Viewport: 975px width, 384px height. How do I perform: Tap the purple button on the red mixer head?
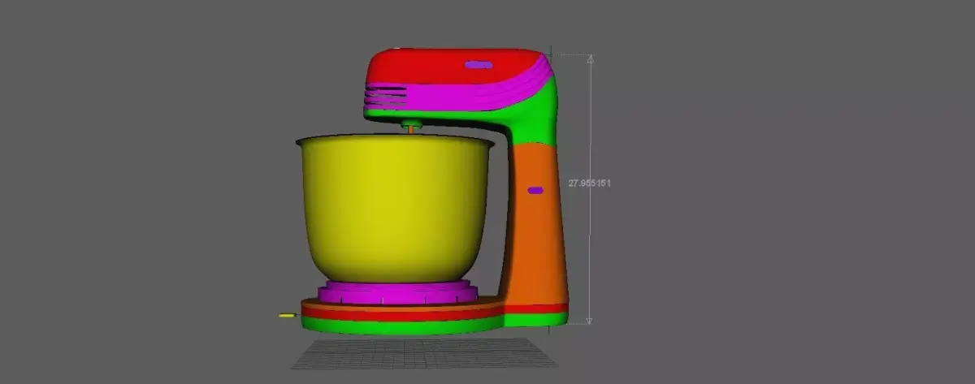[478, 64]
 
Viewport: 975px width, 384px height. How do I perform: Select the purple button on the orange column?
[535, 190]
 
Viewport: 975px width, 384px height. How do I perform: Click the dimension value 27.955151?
[589, 183]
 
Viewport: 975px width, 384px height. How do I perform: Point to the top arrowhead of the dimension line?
[591, 59]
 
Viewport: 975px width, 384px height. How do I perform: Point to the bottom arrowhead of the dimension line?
[591, 321]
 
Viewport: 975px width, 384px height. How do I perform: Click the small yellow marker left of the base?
[286, 315]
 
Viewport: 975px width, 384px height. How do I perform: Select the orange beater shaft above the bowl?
[410, 128]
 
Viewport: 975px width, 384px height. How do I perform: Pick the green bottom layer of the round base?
[402, 326]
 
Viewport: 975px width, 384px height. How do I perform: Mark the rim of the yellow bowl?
[395, 142]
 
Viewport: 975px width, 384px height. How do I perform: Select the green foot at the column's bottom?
[536, 319]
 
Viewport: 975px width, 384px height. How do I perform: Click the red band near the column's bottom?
[536, 308]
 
